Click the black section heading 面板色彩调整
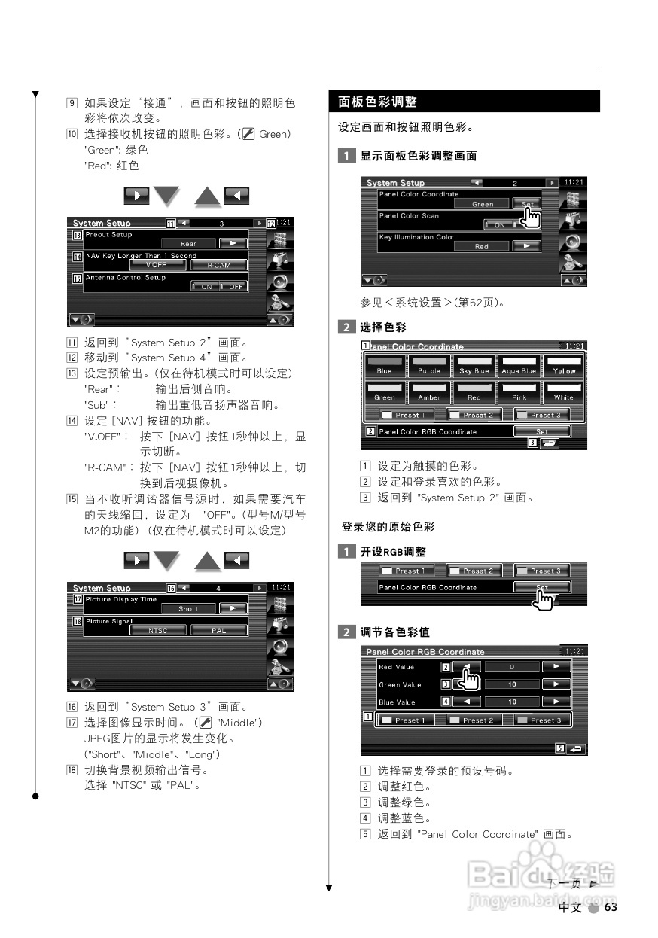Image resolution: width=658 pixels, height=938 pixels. [x=378, y=102]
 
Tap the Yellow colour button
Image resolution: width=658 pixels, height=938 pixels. [x=563, y=367]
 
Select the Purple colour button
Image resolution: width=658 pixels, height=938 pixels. [x=429, y=367]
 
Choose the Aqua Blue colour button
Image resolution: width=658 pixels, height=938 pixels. [x=519, y=367]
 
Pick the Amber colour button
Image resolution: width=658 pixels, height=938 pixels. [x=429, y=393]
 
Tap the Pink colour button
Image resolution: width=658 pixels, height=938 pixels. [x=519, y=393]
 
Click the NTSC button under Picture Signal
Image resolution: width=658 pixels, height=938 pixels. [x=158, y=630]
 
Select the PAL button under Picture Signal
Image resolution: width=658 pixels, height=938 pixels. [x=218, y=630]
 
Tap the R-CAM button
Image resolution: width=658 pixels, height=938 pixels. [x=218, y=265]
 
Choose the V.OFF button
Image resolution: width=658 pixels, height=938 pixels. [x=156, y=265]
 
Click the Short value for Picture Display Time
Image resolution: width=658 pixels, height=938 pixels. [x=188, y=608]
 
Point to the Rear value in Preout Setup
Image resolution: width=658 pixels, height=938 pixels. [x=188, y=244]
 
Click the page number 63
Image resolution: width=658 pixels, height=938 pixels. [x=611, y=908]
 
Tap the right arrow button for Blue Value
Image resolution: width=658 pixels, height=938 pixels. [x=556, y=702]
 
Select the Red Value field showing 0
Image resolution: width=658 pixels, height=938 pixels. [x=511, y=667]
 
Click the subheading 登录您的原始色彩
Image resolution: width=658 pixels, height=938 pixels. [x=388, y=526]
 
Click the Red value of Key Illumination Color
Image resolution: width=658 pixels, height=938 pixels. [x=482, y=246]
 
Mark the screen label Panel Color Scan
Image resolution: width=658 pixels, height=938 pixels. [x=409, y=216]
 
